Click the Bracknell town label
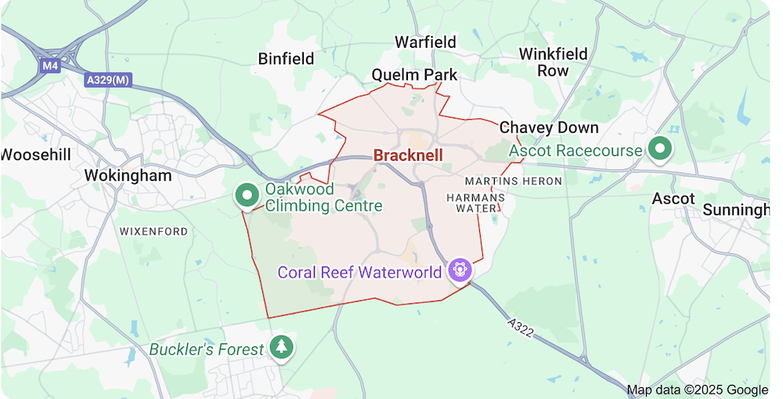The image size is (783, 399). [408, 155]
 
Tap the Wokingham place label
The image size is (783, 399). [128, 176]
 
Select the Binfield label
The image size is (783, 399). [286, 59]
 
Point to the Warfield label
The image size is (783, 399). [424, 42]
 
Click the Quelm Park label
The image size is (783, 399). [414, 75]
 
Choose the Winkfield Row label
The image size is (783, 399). [553, 62]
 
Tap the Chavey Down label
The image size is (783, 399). [549, 128]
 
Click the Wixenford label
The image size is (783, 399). [153, 232]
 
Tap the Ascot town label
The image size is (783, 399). [673, 198]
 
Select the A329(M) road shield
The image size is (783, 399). [107, 80]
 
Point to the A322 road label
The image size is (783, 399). [520, 328]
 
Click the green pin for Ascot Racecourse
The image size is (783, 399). [660, 149]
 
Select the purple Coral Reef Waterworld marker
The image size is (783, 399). [459, 271]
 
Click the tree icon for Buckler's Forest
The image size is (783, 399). [281, 346]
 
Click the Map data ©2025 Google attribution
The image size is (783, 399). [697, 390]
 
